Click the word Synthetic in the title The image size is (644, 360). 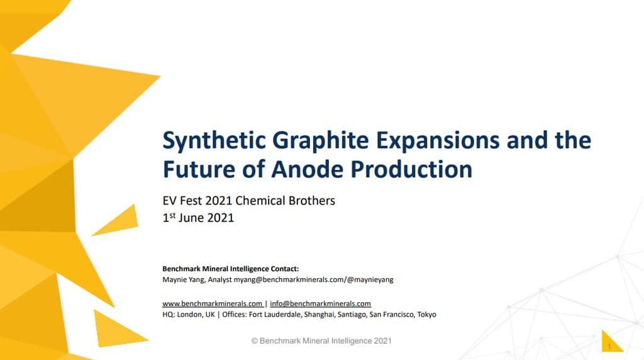(214, 140)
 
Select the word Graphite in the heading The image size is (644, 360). (320, 140)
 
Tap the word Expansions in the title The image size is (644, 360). (438, 140)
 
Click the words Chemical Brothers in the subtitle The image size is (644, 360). (285, 201)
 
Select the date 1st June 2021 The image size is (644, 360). (198, 217)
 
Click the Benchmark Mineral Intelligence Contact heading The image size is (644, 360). (230, 269)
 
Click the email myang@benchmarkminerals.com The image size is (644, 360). (289, 279)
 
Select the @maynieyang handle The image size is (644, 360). (370, 279)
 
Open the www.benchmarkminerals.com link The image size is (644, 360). (213, 303)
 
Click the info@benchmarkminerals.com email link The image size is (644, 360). (320, 303)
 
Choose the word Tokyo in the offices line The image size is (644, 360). (427, 315)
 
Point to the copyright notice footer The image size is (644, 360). (321, 340)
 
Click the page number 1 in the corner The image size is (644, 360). (609, 346)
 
